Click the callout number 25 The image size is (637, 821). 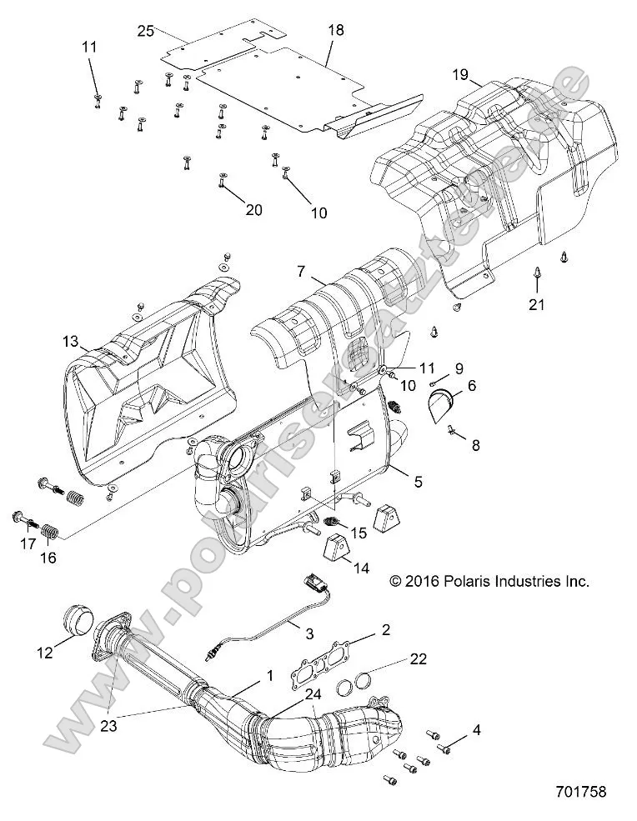tap(146, 31)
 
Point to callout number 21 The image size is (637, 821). tap(536, 305)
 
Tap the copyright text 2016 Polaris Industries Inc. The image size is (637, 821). tap(489, 581)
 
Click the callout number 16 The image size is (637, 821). tap(48, 558)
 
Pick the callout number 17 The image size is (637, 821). tap(26, 543)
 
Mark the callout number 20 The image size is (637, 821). tap(230, 210)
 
